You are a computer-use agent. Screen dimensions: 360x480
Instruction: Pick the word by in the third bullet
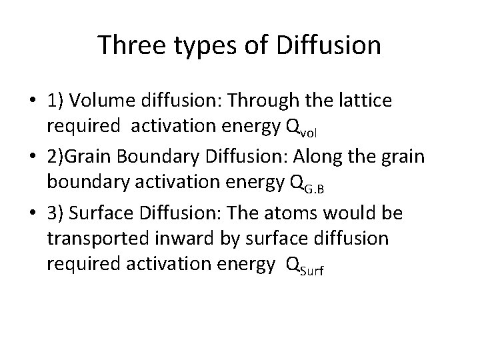click(218, 239)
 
